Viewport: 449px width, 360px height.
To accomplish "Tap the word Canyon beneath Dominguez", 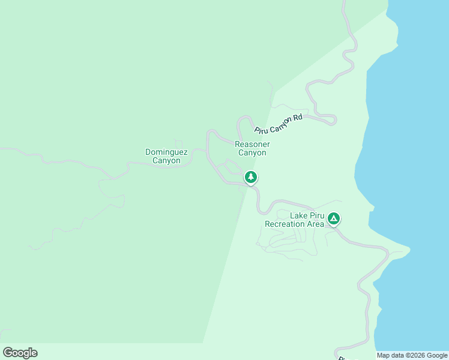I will point(166,161).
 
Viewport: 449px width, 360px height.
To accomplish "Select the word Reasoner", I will point(252,145).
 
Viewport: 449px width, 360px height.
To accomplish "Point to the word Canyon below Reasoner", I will point(252,153).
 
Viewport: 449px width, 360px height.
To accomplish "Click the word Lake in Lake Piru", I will point(299,216).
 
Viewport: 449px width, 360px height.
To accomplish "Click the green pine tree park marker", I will point(251,177).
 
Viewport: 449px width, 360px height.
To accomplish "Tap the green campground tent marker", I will point(334,218).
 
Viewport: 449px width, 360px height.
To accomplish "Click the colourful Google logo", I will point(20,353).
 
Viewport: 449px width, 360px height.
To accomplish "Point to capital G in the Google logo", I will point(7,353).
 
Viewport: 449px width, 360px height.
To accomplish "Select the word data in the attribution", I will point(399,355).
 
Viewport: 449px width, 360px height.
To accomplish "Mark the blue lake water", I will point(408,150).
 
